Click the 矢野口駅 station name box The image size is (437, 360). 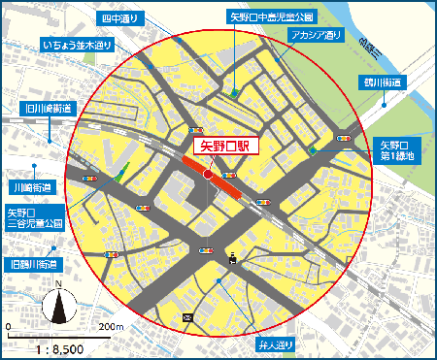coord(224,147)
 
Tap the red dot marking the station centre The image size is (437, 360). coord(209,175)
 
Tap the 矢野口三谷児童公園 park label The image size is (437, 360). coord(35,216)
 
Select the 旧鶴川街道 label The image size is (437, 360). coord(32,264)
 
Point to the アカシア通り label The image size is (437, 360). coord(316,35)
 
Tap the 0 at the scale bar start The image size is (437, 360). coord(9,326)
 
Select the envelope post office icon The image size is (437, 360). coord(187,318)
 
